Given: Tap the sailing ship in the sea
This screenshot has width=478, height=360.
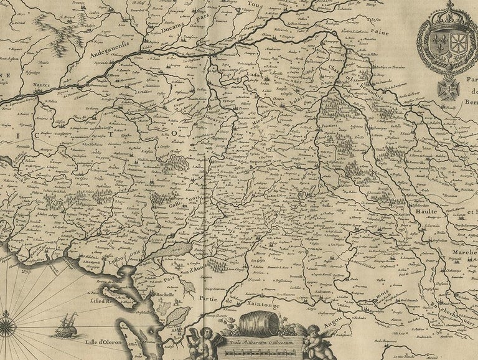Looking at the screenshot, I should click(64, 324).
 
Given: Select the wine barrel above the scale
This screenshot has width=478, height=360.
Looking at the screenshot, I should click(256, 323).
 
